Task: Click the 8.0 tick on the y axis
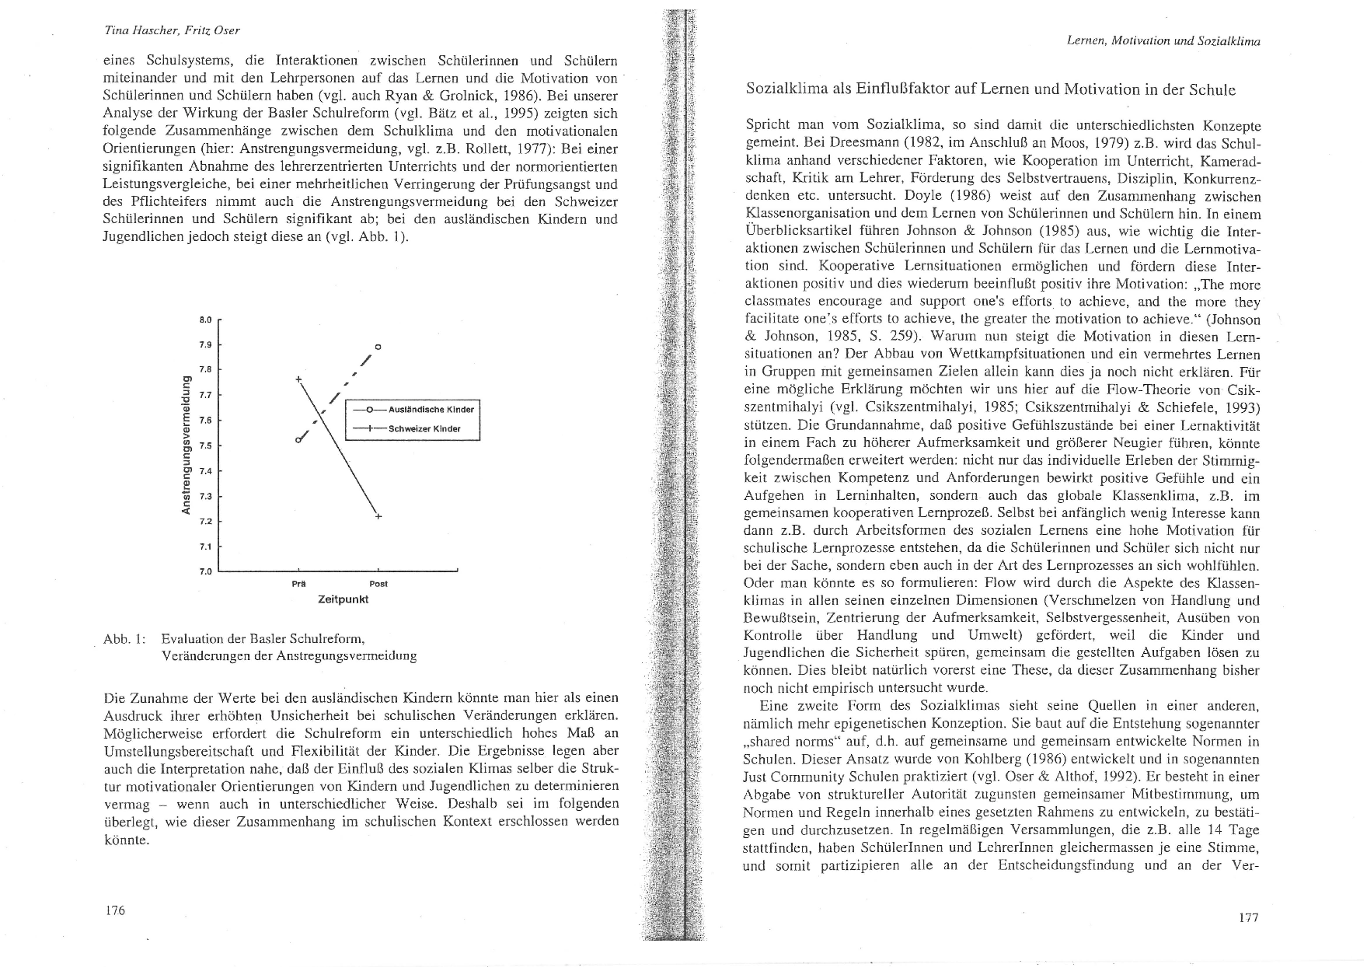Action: [204, 320]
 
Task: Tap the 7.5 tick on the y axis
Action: [204, 446]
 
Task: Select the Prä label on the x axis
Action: [297, 584]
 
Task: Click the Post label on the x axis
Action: [378, 584]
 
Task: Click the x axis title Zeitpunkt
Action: [343, 599]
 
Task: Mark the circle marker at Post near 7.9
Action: [378, 345]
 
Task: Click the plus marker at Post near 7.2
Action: [378, 516]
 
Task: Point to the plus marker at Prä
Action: [298, 379]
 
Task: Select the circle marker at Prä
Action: [298, 440]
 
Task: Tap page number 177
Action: [1248, 917]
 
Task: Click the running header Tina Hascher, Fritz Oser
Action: [172, 31]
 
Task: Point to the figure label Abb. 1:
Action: [124, 639]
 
